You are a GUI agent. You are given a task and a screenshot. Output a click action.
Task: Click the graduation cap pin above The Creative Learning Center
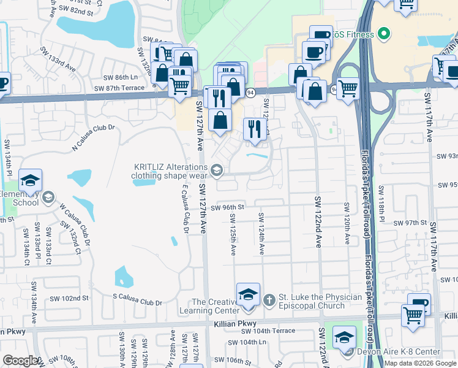(x=248, y=295)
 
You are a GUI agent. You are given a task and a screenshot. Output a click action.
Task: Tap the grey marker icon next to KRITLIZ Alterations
(x=216, y=169)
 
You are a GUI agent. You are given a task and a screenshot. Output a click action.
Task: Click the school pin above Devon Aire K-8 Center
(x=344, y=337)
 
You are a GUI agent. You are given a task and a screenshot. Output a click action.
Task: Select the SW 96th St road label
(x=227, y=208)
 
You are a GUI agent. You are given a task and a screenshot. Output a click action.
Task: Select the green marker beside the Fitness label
(x=384, y=34)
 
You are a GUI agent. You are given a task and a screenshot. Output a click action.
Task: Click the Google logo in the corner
(x=20, y=360)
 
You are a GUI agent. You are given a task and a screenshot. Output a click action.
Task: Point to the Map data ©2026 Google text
(x=420, y=363)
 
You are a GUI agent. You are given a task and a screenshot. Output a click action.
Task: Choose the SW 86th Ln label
(x=121, y=77)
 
